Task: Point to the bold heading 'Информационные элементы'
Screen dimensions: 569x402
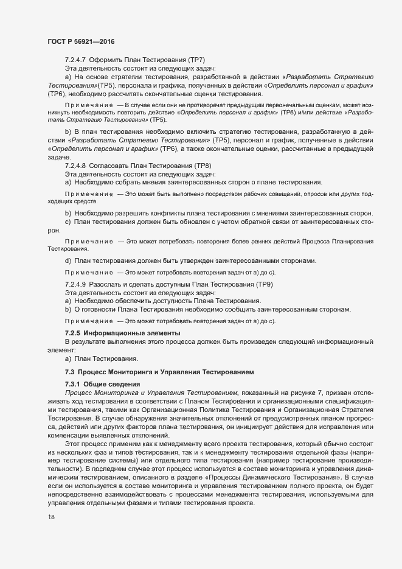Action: coord(130,333)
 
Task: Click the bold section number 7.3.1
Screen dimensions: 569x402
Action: coord(72,383)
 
